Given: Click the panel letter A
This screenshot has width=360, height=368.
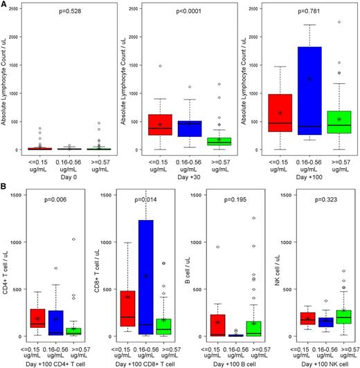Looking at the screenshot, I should pos(5,5).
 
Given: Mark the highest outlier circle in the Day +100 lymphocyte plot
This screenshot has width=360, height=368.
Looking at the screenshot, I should pos(339,22).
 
